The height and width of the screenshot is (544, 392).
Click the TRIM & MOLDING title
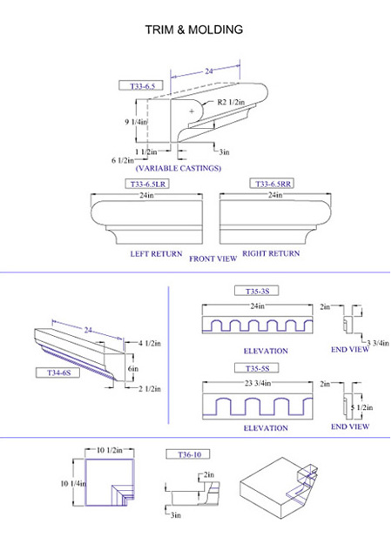[193, 30]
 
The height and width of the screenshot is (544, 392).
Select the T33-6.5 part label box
[141, 85]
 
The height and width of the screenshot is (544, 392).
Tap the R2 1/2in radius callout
[231, 102]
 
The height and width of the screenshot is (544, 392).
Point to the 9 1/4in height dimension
[136, 122]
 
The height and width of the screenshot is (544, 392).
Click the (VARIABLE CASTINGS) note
[178, 168]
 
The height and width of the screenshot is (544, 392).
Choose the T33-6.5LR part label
[147, 184]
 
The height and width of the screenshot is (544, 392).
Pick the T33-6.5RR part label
[272, 184]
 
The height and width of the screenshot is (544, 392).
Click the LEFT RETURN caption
[156, 253]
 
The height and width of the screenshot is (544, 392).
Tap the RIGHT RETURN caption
[271, 253]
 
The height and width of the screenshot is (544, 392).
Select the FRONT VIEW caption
[213, 259]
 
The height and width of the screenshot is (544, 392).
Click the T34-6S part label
[58, 373]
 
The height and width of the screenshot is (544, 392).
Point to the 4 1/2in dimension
[150, 344]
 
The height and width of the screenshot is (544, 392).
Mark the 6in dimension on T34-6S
[133, 368]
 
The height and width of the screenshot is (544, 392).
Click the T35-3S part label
[257, 291]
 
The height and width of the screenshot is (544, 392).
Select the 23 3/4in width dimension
[258, 383]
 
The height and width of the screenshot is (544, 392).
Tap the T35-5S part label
[257, 368]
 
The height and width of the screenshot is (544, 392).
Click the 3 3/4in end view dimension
[378, 343]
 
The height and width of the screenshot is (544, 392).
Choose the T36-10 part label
[188, 454]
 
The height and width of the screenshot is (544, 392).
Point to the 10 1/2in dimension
[110, 450]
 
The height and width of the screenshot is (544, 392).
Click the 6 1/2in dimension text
[123, 160]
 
